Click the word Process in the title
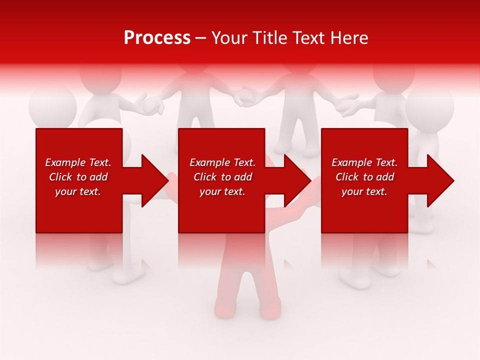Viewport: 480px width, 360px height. tap(157, 38)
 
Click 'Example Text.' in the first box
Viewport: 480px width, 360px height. tap(78, 162)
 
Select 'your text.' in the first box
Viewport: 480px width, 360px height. tap(78, 191)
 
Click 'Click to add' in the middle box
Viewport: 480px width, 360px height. tap(222, 177)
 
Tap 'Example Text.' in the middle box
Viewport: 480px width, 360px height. tap(222, 162)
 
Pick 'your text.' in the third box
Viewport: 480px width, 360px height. tap(364, 191)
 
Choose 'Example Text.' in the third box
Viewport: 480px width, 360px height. tap(364, 162)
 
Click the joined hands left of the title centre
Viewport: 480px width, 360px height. tap(153, 104)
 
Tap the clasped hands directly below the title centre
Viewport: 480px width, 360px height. tap(245, 96)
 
